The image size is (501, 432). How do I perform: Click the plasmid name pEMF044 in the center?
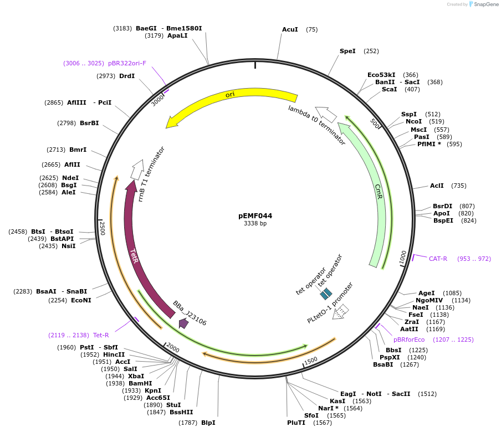click(x=255, y=216)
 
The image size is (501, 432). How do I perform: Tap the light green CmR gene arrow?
click(x=377, y=194)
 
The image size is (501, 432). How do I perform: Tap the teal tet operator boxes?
click(x=326, y=292)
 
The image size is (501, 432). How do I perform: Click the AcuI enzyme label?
click(x=290, y=29)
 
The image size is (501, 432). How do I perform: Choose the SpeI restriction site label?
click(x=347, y=51)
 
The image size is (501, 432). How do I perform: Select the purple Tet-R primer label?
click(x=101, y=335)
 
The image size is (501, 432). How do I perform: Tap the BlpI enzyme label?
click(x=208, y=423)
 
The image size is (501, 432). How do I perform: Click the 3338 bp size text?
click(x=255, y=224)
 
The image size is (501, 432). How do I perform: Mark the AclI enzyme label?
click(x=437, y=186)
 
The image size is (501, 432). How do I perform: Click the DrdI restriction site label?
click(x=127, y=76)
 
